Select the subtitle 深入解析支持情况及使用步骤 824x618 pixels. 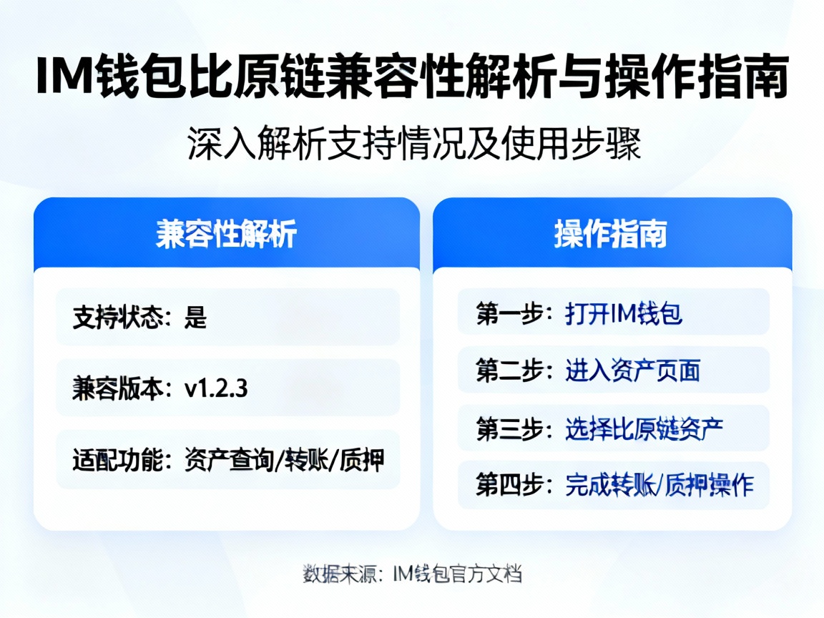click(412, 144)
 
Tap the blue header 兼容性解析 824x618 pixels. click(226, 233)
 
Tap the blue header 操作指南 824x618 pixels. click(612, 233)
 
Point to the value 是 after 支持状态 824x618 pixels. click(195, 317)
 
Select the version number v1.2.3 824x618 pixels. click(216, 388)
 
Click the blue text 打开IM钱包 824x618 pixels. click(624, 313)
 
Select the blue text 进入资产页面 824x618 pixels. click(632, 370)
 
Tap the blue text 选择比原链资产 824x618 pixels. click(644, 428)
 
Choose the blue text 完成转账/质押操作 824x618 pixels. click(659, 485)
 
